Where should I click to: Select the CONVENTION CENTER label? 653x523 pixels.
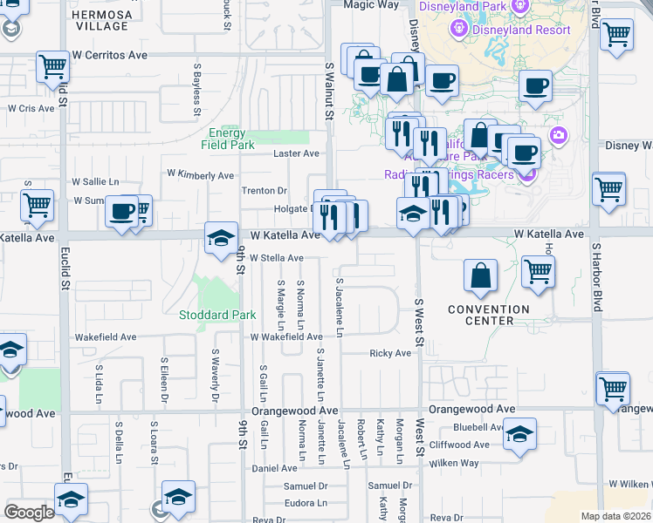[x=489, y=315]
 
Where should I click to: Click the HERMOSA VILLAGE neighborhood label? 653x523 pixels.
[x=102, y=21]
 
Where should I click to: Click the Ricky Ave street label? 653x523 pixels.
[x=390, y=353]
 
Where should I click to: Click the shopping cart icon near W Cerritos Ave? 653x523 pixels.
[x=53, y=66]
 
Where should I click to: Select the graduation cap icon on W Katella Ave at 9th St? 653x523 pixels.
[x=222, y=237]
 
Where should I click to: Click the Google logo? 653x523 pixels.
[x=30, y=512]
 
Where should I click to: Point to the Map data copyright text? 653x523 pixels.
[x=615, y=516]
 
